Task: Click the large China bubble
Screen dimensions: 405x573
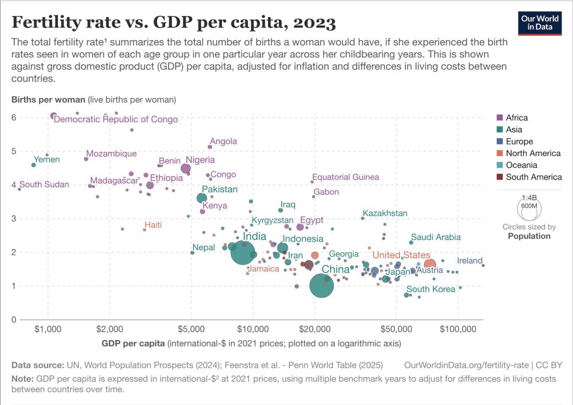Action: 321,285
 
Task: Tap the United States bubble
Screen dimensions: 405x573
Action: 430,264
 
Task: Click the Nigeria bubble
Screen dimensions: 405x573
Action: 186,168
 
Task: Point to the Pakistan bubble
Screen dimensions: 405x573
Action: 202,198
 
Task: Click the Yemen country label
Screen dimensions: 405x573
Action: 47,159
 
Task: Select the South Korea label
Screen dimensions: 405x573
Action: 430,289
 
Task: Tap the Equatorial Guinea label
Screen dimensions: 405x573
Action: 346,177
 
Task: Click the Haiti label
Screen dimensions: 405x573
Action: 153,225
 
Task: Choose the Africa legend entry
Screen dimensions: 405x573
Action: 516,118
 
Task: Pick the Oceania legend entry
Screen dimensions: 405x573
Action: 521,165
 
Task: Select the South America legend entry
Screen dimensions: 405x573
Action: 533,177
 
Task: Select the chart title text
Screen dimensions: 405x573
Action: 174,23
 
